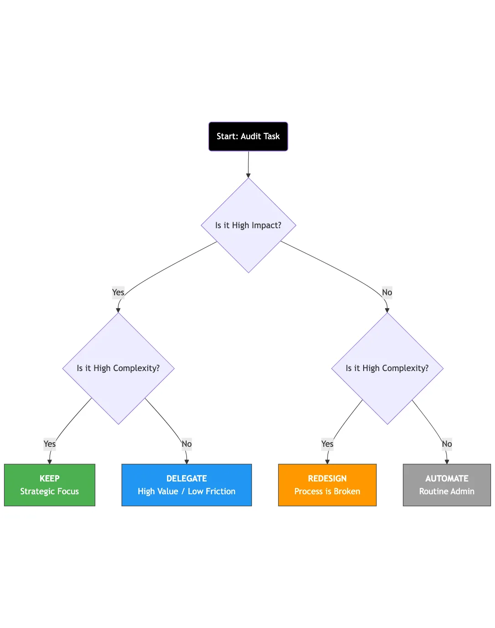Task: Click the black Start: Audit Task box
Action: pos(248,136)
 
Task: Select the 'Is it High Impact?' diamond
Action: pos(248,225)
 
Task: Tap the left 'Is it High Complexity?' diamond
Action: pos(118,368)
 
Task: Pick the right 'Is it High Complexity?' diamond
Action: pos(387,368)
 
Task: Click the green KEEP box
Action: pos(49,485)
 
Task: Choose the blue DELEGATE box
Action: pos(186,485)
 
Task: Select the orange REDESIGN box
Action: pos(327,485)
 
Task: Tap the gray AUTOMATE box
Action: pos(447,485)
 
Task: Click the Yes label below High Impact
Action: pos(118,293)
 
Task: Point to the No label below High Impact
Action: pos(387,293)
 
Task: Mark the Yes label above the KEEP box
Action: pos(49,444)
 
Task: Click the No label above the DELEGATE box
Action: pos(187,444)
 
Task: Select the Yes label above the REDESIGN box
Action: pos(327,444)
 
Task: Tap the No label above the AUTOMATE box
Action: pos(447,444)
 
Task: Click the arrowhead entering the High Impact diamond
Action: pos(248,175)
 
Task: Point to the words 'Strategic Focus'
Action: pos(49,492)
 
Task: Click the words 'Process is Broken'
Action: pos(327,492)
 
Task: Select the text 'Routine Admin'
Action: pos(447,492)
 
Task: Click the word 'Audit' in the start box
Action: pos(250,136)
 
